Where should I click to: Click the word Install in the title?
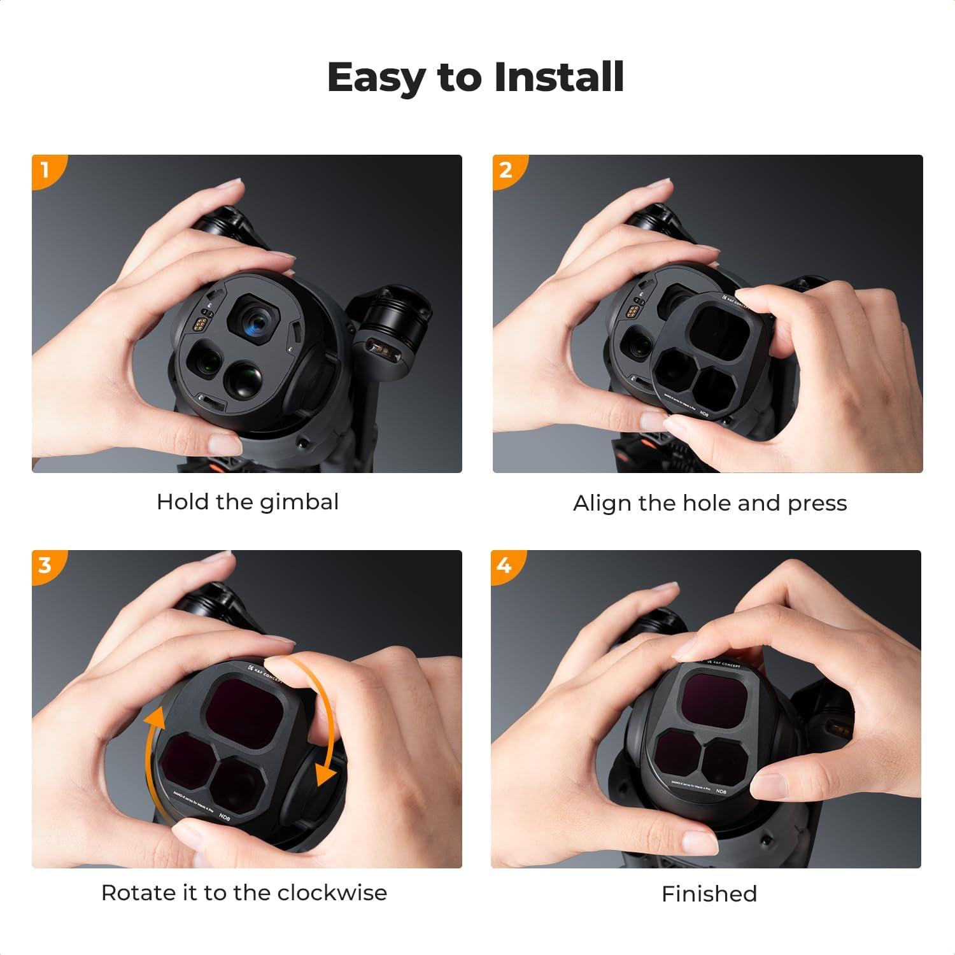[x=558, y=78]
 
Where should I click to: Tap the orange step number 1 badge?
[x=45, y=169]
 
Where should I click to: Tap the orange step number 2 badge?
[x=506, y=169]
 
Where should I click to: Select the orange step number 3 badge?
[x=45, y=565]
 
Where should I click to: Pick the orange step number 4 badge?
[x=504, y=565]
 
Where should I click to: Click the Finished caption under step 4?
[x=709, y=894]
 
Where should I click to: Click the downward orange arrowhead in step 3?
[x=325, y=775]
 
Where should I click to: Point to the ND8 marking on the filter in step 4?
[x=721, y=791]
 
